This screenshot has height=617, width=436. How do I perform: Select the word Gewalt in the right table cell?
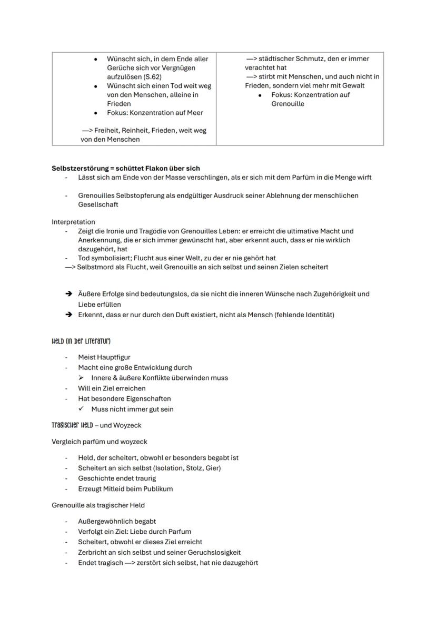click(353, 86)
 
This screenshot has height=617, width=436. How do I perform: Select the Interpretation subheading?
click(73, 222)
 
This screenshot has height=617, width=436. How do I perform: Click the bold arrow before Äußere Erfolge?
click(68, 294)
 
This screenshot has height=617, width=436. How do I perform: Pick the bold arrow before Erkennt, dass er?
click(68, 315)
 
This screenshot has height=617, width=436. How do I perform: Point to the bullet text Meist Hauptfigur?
click(104, 357)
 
